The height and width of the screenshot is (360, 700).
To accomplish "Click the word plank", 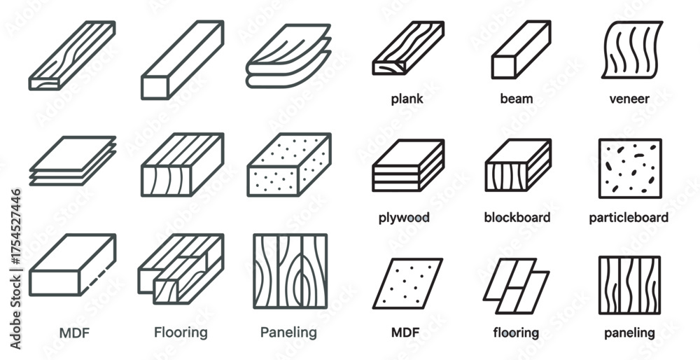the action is pos(407,99).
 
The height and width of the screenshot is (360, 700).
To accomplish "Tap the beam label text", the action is pos(517,98).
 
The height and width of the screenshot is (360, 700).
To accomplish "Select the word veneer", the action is pos(629,99).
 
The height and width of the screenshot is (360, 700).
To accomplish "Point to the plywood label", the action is pos(404,218).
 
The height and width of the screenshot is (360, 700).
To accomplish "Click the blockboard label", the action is pos(517,217).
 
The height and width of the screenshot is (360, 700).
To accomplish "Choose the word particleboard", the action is pos(629,218).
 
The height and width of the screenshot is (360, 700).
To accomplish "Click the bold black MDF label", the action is pos(405,332).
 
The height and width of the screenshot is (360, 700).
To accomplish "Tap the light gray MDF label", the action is pos(74,333).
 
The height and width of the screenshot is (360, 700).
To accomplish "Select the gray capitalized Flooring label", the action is pos(181,333).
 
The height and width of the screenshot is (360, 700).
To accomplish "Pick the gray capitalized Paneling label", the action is pos(288,332).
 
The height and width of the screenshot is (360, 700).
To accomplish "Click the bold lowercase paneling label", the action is pos(629,333).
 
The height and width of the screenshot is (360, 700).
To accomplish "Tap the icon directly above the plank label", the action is pos(408,48).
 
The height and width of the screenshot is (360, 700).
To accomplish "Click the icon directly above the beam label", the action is pos(521,50).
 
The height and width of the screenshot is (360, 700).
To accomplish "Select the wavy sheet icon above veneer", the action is pos(631,50).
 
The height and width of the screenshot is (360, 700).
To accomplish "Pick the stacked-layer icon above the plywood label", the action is pos(408,165).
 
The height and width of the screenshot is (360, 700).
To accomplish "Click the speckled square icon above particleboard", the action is pos(630,168).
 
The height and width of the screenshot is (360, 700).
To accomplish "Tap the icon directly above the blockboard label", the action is pos(518,165).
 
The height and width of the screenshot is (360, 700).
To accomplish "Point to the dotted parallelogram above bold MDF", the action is pos(407,284).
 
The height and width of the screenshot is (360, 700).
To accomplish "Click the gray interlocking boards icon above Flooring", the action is pos(181,269).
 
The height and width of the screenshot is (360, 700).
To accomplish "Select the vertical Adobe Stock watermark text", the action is pos(15,269).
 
